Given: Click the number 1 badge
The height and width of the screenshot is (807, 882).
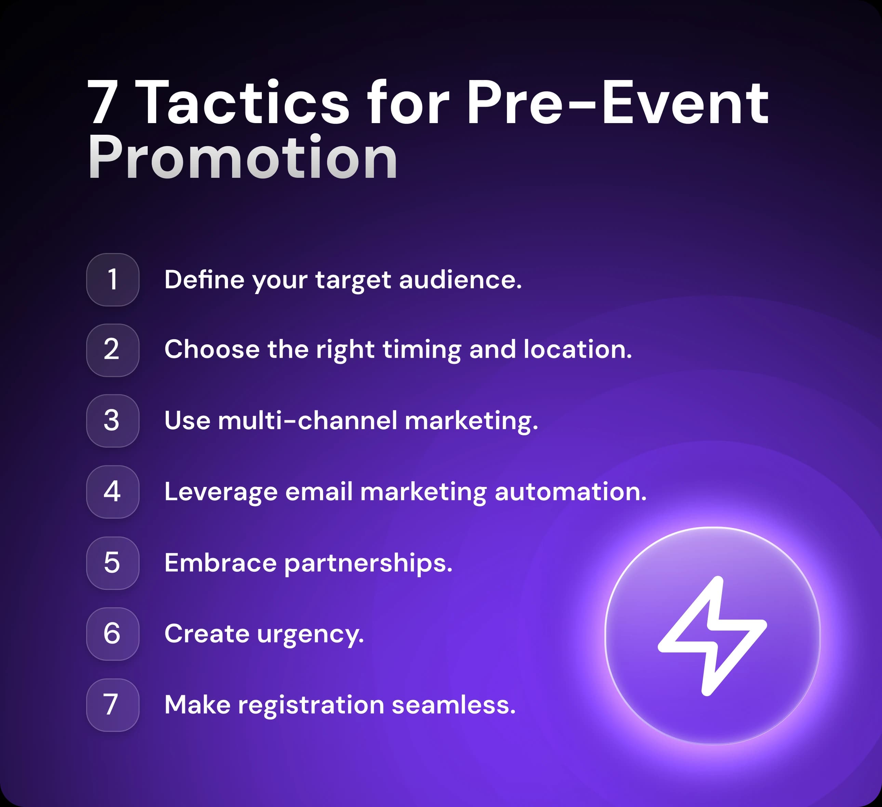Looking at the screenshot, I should point(112,280).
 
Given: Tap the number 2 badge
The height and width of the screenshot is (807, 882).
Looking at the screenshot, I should point(112,350).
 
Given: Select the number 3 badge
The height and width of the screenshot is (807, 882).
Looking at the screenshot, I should point(112,421).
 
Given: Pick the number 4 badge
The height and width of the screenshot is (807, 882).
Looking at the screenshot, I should point(112,492).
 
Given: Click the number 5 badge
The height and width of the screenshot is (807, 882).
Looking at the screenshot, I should point(112,563).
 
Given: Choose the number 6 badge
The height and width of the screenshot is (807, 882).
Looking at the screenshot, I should point(112,634).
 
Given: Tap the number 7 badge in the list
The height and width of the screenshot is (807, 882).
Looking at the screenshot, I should point(112,705).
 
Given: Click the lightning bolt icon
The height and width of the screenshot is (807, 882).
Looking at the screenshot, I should point(712,635).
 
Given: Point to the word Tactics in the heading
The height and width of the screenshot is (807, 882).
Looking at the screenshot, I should point(245,103).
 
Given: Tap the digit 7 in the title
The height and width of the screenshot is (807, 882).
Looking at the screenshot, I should point(102,103).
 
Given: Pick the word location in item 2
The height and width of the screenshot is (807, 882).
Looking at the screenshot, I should point(577,350).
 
